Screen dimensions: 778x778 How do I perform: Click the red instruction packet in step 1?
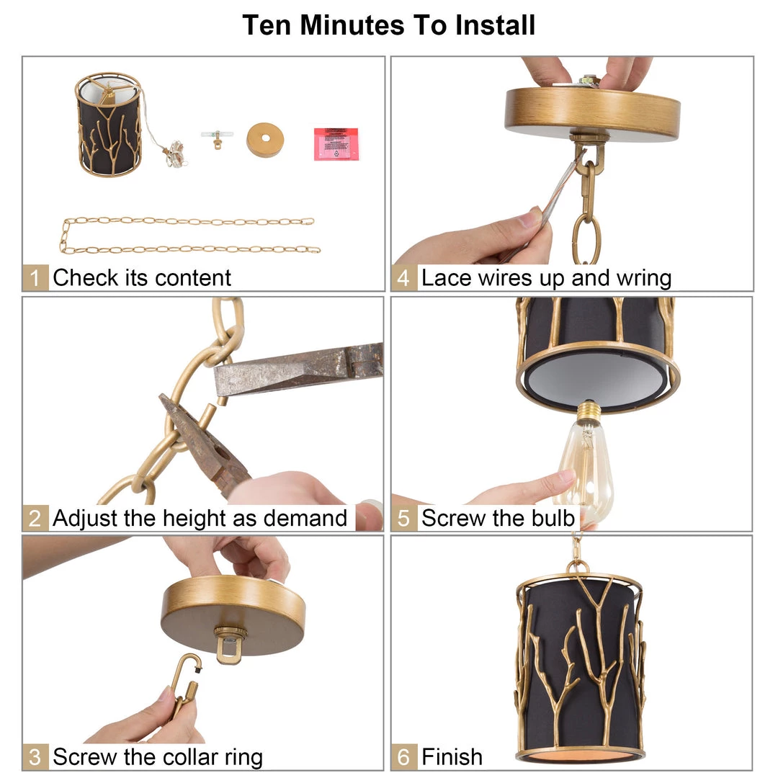pos(336,144)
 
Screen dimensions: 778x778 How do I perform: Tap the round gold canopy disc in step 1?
pos(265,140)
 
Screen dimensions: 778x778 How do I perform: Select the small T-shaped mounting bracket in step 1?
pos(216,138)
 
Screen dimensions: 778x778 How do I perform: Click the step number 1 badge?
pos(35,278)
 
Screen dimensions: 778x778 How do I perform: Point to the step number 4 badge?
pos(404,278)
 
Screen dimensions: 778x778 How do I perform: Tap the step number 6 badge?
pos(404,757)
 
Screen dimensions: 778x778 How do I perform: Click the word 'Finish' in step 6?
pos(452,757)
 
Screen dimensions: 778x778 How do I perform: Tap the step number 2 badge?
pos(35,518)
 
